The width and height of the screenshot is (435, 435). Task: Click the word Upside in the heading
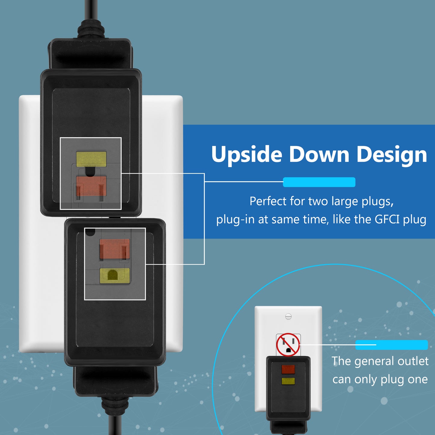(x=247, y=155)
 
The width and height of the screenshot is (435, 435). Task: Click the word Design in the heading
(x=392, y=155)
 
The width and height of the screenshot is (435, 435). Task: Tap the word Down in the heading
(x=319, y=154)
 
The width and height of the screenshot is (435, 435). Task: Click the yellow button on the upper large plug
(x=91, y=159)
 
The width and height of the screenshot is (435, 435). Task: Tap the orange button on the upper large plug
(x=91, y=186)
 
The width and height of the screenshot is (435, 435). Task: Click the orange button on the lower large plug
(x=115, y=249)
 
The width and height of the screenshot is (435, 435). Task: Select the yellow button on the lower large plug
(x=115, y=276)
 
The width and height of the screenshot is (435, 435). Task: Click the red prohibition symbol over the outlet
(x=288, y=344)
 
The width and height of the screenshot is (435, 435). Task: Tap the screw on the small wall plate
(x=288, y=316)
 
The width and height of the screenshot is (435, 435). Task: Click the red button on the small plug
(x=288, y=369)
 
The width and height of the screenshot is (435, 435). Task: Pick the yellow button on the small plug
(x=288, y=381)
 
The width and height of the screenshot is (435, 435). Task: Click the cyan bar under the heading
(x=319, y=182)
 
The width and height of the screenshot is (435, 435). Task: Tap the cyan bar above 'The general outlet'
(x=391, y=345)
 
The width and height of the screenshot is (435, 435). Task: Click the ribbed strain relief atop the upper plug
(x=91, y=29)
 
